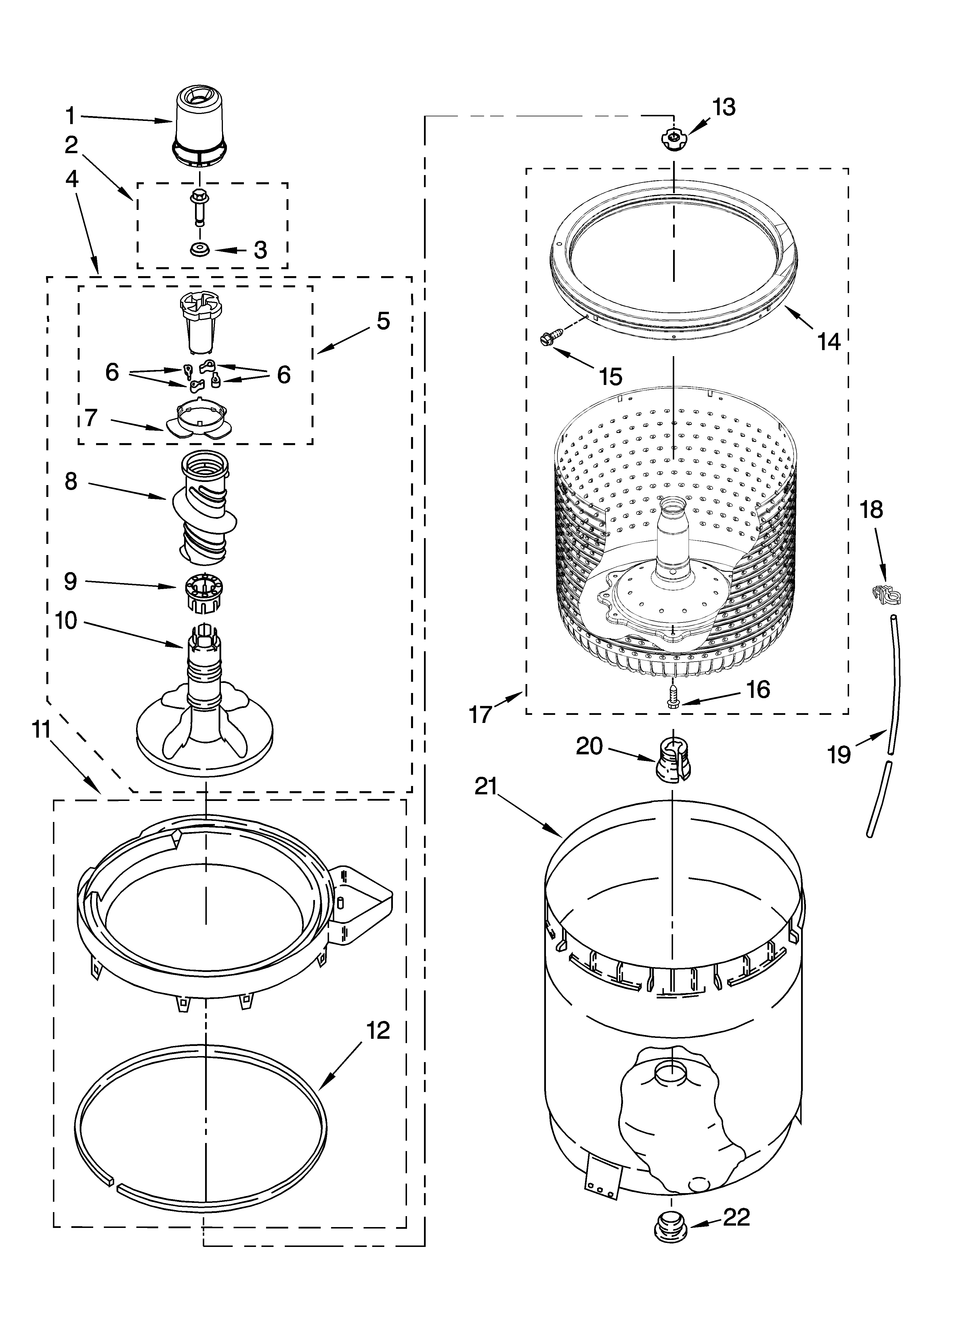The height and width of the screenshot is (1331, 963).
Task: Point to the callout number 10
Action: tap(66, 620)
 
